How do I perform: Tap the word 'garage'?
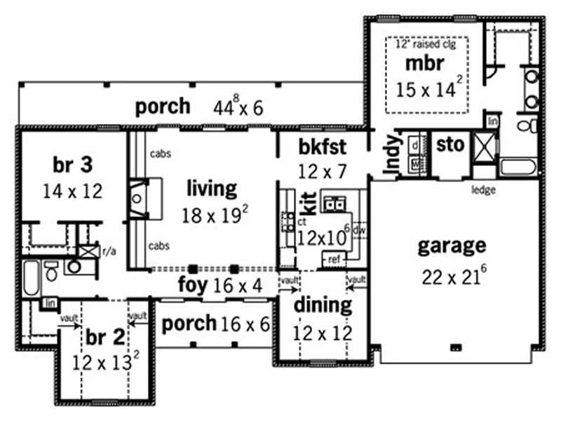(x=452, y=246)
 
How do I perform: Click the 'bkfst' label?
(x=323, y=147)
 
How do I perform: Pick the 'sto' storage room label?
(x=450, y=145)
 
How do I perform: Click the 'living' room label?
(x=212, y=188)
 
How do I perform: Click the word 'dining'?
(x=322, y=305)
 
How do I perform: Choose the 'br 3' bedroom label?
(x=72, y=165)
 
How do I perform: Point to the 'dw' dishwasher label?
(x=358, y=229)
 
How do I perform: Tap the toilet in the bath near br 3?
(x=51, y=271)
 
